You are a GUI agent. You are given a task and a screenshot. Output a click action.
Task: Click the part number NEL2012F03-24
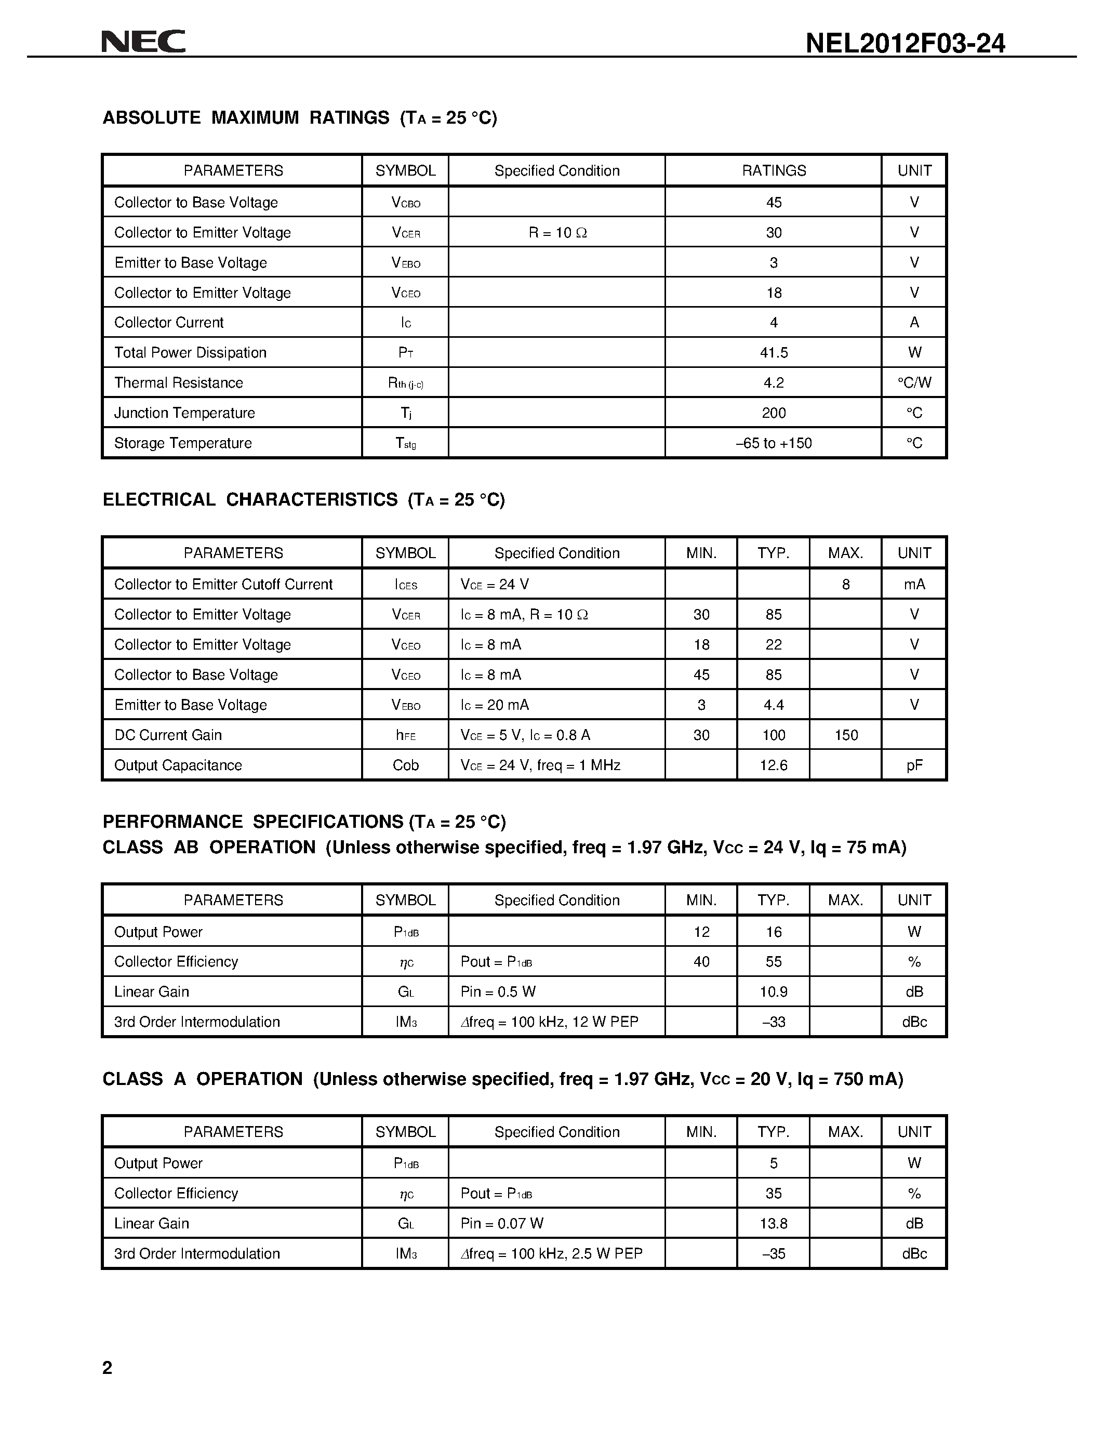tap(905, 43)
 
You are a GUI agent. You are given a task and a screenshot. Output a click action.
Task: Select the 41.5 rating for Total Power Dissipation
tap(774, 353)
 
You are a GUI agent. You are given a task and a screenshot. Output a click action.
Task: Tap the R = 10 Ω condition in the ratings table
tap(557, 232)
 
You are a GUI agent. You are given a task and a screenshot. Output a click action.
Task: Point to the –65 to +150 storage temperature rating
tap(774, 443)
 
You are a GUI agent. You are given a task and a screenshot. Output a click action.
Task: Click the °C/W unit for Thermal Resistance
tap(914, 383)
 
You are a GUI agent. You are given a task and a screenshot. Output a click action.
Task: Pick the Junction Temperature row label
tap(184, 413)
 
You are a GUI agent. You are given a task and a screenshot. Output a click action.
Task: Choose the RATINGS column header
tap(774, 171)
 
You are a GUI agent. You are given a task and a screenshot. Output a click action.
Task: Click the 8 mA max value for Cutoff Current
tap(846, 584)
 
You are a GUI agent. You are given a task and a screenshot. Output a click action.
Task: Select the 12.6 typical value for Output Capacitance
tap(774, 765)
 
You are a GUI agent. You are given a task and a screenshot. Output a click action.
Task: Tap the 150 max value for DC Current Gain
tap(846, 735)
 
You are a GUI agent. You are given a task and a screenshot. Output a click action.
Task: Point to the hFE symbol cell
tap(406, 735)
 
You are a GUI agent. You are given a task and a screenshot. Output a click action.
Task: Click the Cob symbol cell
tap(406, 765)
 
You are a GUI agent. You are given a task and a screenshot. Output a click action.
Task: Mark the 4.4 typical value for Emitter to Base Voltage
tap(774, 705)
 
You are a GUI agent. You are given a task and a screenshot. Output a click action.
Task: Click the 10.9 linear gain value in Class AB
tap(774, 991)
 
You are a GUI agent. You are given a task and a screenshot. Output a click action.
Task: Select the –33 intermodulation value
tap(774, 1022)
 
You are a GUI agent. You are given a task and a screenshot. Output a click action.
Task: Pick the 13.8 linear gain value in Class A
tap(774, 1223)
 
